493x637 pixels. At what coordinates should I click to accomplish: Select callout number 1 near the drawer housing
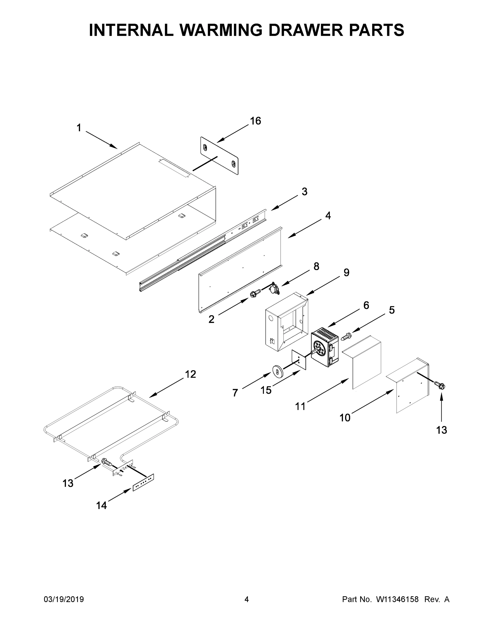pyautogui.click(x=79, y=128)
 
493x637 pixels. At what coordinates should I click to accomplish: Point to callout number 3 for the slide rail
pyautogui.click(x=304, y=192)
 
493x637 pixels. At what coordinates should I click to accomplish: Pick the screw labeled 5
pyautogui.click(x=346, y=337)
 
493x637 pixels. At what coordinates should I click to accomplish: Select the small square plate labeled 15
pyautogui.click(x=299, y=360)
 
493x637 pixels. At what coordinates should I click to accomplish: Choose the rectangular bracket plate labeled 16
pyautogui.click(x=219, y=156)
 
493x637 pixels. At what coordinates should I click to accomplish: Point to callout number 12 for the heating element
pyautogui.click(x=191, y=374)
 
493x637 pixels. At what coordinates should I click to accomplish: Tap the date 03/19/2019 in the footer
pyautogui.click(x=64, y=599)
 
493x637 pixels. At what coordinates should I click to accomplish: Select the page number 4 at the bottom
pyautogui.click(x=247, y=599)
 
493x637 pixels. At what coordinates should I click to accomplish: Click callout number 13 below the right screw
pyautogui.click(x=441, y=430)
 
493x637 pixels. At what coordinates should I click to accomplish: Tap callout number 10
pyautogui.click(x=345, y=418)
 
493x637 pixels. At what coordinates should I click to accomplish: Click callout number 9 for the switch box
pyautogui.click(x=346, y=272)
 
